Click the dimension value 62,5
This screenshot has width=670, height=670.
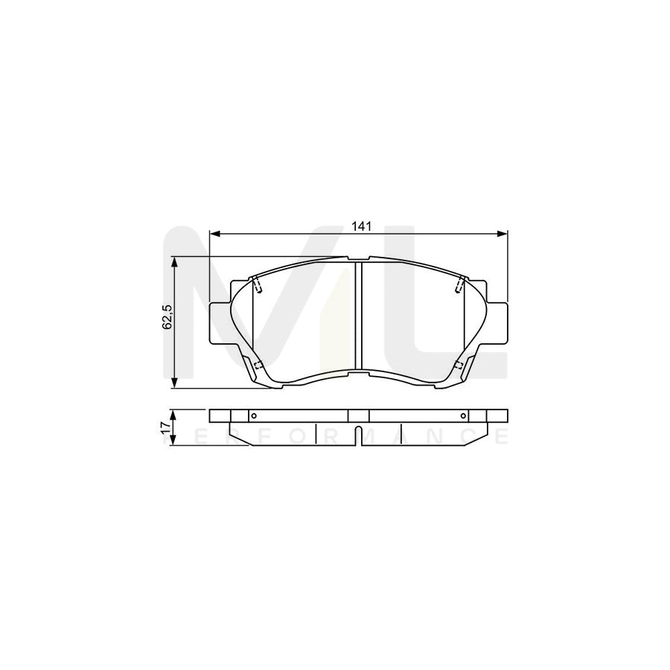pyautogui.click(x=167, y=318)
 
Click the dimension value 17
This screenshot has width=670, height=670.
pyautogui.click(x=166, y=427)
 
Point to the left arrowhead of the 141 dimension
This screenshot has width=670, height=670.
pyautogui.click(x=214, y=234)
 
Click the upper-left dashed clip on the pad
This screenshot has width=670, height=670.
pyautogui.click(x=257, y=284)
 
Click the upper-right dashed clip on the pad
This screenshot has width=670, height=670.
pyautogui.click(x=459, y=284)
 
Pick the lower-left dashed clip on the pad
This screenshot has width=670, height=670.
pyautogui.click(x=258, y=364)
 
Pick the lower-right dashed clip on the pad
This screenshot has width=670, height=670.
pyautogui.click(x=459, y=364)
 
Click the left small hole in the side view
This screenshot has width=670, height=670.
pyautogui.click(x=253, y=416)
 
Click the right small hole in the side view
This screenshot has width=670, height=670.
pyautogui.click(x=463, y=416)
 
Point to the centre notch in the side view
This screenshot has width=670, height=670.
pyautogui.click(x=358, y=435)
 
